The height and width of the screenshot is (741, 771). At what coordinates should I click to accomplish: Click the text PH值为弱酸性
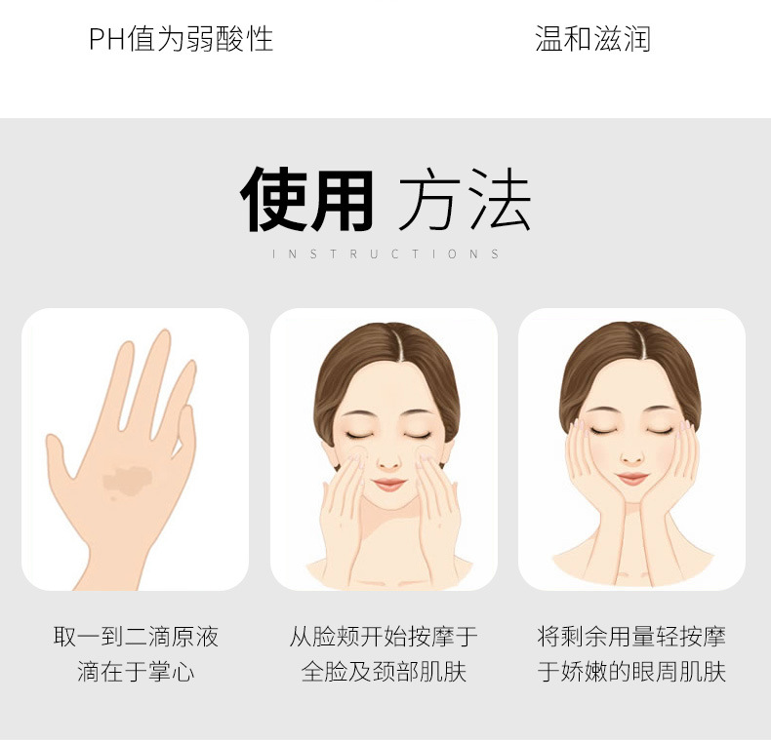click(181, 39)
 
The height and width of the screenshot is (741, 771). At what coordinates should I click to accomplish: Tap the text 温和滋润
click(593, 39)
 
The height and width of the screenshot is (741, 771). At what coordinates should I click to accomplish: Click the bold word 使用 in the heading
click(306, 199)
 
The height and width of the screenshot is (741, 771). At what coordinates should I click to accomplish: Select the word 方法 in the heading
click(465, 199)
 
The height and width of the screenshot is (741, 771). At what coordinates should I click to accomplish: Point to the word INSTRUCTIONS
click(385, 254)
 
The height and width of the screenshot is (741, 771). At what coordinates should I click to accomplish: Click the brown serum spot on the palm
click(128, 480)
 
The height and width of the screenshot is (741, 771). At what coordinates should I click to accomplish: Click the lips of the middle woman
click(389, 485)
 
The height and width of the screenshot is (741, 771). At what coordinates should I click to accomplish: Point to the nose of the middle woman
click(389, 462)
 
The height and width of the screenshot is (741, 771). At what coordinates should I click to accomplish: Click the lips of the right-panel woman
click(632, 478)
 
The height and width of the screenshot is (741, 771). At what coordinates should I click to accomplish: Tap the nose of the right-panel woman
click(632, 457)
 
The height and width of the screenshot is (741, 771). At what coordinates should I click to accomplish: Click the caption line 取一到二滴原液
click(136, 637)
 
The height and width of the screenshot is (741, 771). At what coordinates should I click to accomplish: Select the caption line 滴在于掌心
click(136, 672)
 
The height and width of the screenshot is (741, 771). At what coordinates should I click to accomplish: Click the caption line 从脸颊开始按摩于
click(384, 637)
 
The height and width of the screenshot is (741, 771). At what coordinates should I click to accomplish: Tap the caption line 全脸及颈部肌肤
click(384, 672)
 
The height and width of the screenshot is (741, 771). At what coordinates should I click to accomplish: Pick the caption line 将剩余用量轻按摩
click(631, 637)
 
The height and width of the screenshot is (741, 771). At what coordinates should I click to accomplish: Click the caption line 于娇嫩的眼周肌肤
click(631, 672)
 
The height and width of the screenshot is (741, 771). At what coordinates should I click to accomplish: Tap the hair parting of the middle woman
click(396, 345)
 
